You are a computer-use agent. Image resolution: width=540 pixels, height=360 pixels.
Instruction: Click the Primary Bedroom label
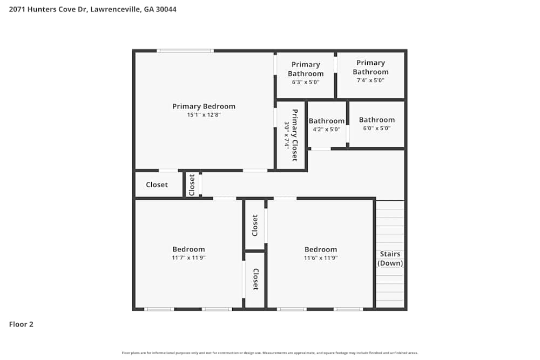click(x=204, y=106)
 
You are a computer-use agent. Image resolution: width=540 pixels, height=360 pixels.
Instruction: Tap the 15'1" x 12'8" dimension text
click(x=204, y=115)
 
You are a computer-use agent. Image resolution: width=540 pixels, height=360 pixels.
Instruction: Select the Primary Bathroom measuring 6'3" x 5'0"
click(x=306, y=69)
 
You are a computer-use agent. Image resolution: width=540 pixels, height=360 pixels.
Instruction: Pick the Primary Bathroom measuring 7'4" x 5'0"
click(x=370, y=67)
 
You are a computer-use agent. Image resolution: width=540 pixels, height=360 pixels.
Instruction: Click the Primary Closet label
click(x=295, y=135)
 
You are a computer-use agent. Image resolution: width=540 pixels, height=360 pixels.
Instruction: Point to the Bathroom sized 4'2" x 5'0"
click(x=326, y=121)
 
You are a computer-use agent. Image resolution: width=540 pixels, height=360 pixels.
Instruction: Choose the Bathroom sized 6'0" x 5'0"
click(x=376, y=120)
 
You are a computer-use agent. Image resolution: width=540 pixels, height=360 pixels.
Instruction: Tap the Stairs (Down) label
click(x=390, y=259)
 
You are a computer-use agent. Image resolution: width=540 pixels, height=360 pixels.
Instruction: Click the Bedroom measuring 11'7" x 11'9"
click(x=188, y=249)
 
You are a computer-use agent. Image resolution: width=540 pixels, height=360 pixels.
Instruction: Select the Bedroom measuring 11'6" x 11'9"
click(x=321, y=249)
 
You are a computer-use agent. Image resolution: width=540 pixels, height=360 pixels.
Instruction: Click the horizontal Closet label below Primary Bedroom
click(x=157, y=185)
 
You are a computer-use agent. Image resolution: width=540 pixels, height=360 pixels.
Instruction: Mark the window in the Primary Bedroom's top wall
click(x=185, y=51)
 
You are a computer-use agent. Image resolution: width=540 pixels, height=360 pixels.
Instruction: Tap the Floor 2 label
click(x=21, y=324)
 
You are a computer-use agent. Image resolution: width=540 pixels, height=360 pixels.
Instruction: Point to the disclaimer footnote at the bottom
click(x=270, y=353)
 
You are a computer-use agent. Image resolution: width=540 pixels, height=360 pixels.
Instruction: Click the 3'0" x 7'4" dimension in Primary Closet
click(x=287, y=135)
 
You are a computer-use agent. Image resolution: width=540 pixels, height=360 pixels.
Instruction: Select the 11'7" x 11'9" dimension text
click(x=188, y=258)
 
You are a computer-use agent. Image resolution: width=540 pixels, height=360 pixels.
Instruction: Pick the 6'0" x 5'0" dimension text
click(x=376, y=128)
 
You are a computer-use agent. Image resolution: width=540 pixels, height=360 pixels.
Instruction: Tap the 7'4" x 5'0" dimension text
click(x=370, y=80)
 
